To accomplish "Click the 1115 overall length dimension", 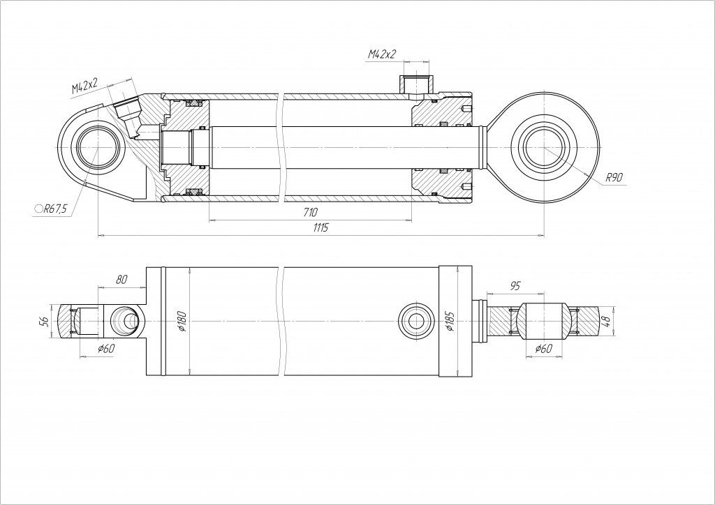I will click(x=320, y=228).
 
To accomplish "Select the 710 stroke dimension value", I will click(x=311, y=212).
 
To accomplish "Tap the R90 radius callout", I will click(x=614, y=177).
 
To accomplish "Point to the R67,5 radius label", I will click(x=54, y=208).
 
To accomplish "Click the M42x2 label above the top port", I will click(x=382, y=53).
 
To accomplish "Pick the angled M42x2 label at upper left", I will click(x=84, y=86).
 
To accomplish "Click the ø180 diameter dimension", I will click(x=183, y=321).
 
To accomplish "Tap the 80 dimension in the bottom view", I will click(x=121, y=280).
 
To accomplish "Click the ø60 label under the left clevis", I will click(x=106, y=348).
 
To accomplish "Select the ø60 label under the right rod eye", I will click(x=543, y=349).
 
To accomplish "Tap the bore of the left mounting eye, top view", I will click(x=99, y=149).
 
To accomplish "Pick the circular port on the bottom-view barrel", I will click(x=413, y=321).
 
